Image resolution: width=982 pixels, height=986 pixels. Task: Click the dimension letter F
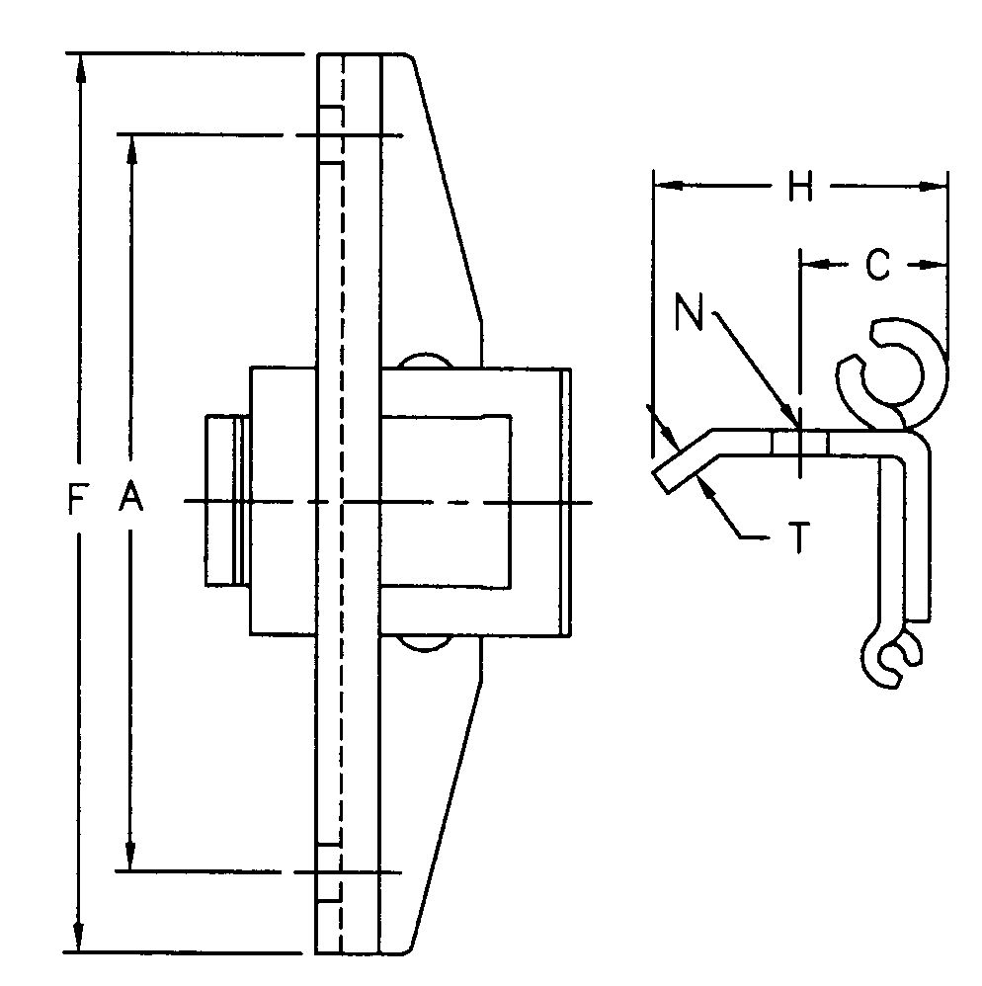coord(75,503)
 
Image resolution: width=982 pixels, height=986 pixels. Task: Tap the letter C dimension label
coord(876,264)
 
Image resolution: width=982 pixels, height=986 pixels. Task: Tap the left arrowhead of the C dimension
coord(811,264)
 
